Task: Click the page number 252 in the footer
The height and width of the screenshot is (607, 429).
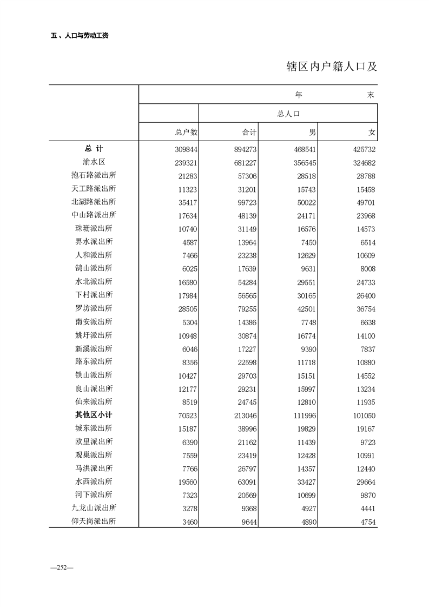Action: [x=61, y=567]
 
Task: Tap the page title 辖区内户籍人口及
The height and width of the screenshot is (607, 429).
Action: [x=331, y=67]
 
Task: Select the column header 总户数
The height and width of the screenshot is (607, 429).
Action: [x=186, y=132]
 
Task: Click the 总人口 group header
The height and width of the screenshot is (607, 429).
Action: [x=288, y=114]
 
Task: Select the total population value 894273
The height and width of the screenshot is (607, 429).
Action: [x=243, y=149]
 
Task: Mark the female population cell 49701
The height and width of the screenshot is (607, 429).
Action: [x=364, y=202]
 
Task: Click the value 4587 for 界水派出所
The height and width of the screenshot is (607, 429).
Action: [x=187, y=242]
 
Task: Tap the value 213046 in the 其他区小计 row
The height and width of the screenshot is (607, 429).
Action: [x=243, y=415]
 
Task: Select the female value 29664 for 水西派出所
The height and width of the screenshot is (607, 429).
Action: [x=364, y=481]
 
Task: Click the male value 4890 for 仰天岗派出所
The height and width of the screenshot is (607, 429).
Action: [x=306, y=522]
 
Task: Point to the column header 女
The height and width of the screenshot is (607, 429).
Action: [x=372, y=132]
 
